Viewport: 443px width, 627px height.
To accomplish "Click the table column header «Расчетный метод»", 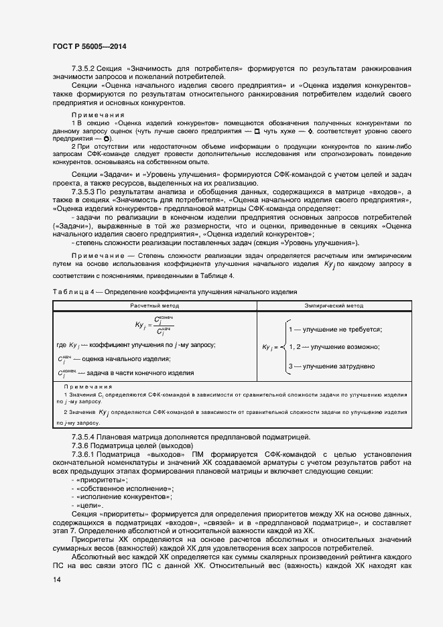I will tap(154, 305).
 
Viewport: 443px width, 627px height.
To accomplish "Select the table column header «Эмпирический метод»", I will tap(334, 305).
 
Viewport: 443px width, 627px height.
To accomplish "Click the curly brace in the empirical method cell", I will tap(283, 347).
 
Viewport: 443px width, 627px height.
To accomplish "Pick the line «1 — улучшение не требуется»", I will tap(334, 330).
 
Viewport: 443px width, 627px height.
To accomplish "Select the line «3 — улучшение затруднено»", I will tap(331, 366).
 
